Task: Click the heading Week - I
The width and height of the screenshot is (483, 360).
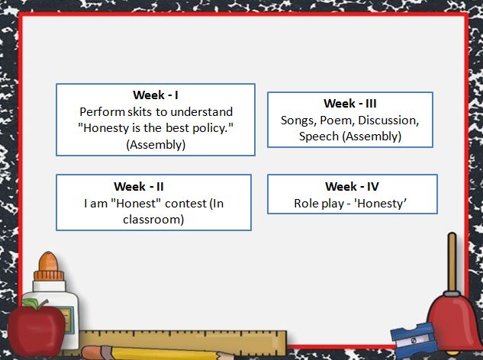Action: pos(156,95)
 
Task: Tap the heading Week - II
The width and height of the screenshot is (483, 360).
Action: pos(139,186)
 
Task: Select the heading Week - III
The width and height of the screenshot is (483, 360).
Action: pos(350,103)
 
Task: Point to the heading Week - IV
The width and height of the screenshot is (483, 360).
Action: pos(352,186)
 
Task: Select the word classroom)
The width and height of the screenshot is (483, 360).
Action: pos(153,220)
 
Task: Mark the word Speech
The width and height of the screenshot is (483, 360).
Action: pos(319,137)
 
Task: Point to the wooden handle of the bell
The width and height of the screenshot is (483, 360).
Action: pos(452,262)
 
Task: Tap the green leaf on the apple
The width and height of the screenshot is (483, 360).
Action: pos(31,304)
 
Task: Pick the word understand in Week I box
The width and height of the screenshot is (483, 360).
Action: pos(201,111)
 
